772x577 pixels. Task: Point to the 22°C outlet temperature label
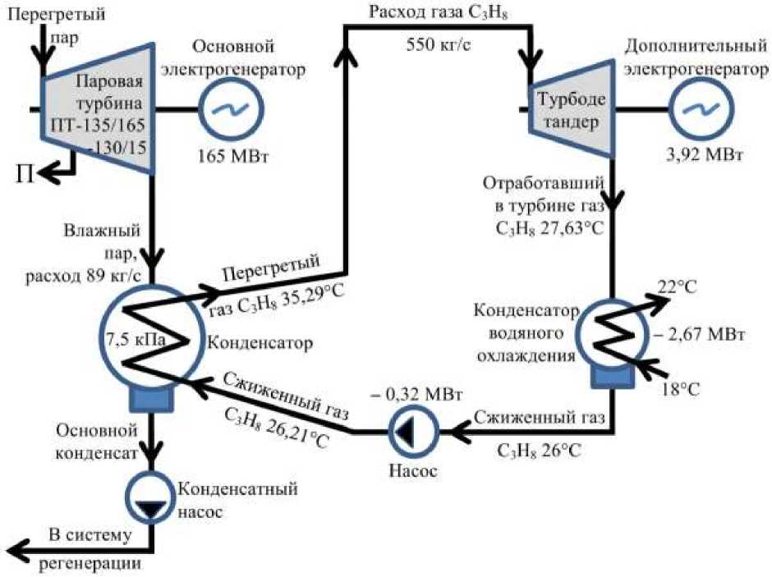[677, 286]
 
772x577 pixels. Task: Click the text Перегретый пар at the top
[54, 24]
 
